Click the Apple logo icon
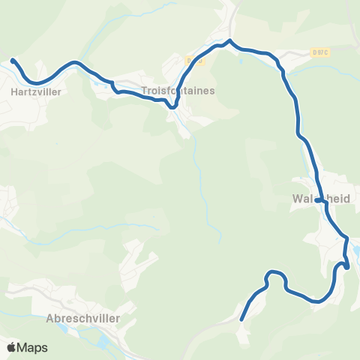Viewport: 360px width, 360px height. coord(12,347)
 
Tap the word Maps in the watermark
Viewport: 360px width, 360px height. coord(33,348)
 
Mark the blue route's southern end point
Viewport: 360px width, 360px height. coord(241,320)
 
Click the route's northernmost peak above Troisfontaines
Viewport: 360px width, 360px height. coord(229,40)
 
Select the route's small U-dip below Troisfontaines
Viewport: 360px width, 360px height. coord(172,106)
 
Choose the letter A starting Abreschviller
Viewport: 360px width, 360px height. coord(49,318)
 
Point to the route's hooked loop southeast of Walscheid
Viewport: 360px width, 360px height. coord(345,264)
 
